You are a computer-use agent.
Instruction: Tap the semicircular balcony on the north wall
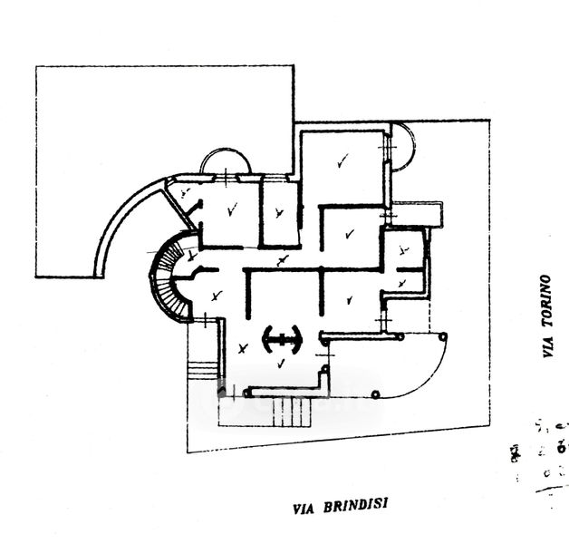click(x=226, y=162)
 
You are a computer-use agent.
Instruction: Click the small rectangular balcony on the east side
click(x=418, y=213)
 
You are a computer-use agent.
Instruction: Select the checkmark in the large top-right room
click(x=342, y=163)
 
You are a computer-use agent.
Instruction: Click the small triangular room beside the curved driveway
click(x=184, y=196)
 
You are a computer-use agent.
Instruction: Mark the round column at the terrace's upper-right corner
click(x=443, y=335)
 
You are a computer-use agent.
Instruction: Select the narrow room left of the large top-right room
click(x=278, y=213)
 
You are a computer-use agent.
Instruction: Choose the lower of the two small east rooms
click(x=404, y=284)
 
